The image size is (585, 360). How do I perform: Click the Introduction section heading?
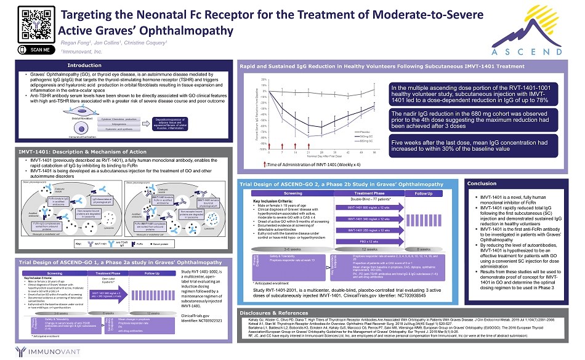pyautogui.click(x=84, y=65)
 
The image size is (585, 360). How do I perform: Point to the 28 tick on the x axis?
pyautogui.click(x=320, y=151)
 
